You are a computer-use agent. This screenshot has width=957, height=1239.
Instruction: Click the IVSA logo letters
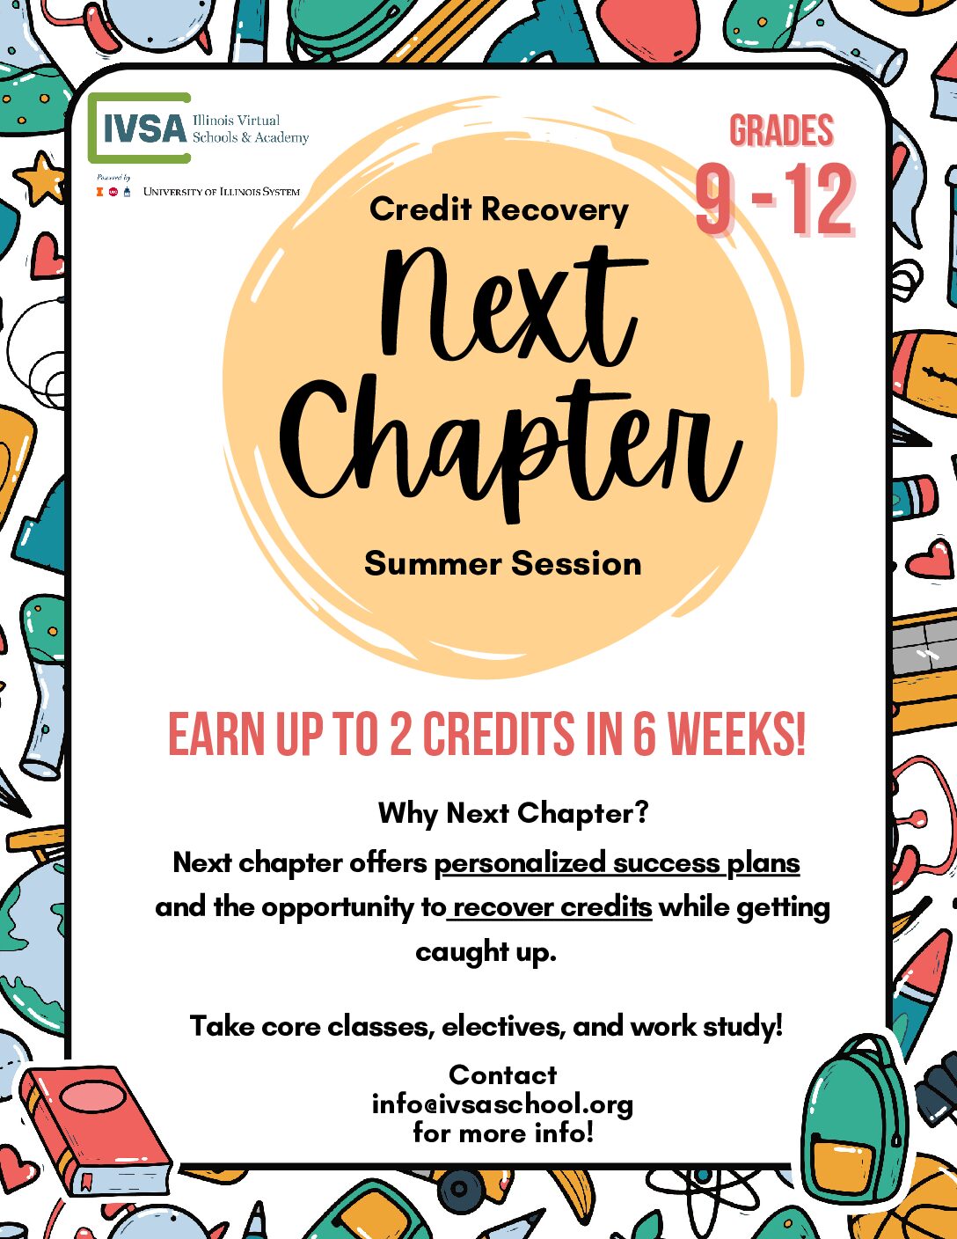(145, 128)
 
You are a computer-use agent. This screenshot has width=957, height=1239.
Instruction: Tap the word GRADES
(782, 130)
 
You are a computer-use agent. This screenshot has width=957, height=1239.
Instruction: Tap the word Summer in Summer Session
(433, 564)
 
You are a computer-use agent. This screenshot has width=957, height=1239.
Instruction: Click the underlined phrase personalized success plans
(617, 862)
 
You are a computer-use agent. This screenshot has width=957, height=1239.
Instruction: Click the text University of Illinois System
(221, 192)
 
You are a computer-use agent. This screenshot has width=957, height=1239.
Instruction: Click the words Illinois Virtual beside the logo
(236, 121)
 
